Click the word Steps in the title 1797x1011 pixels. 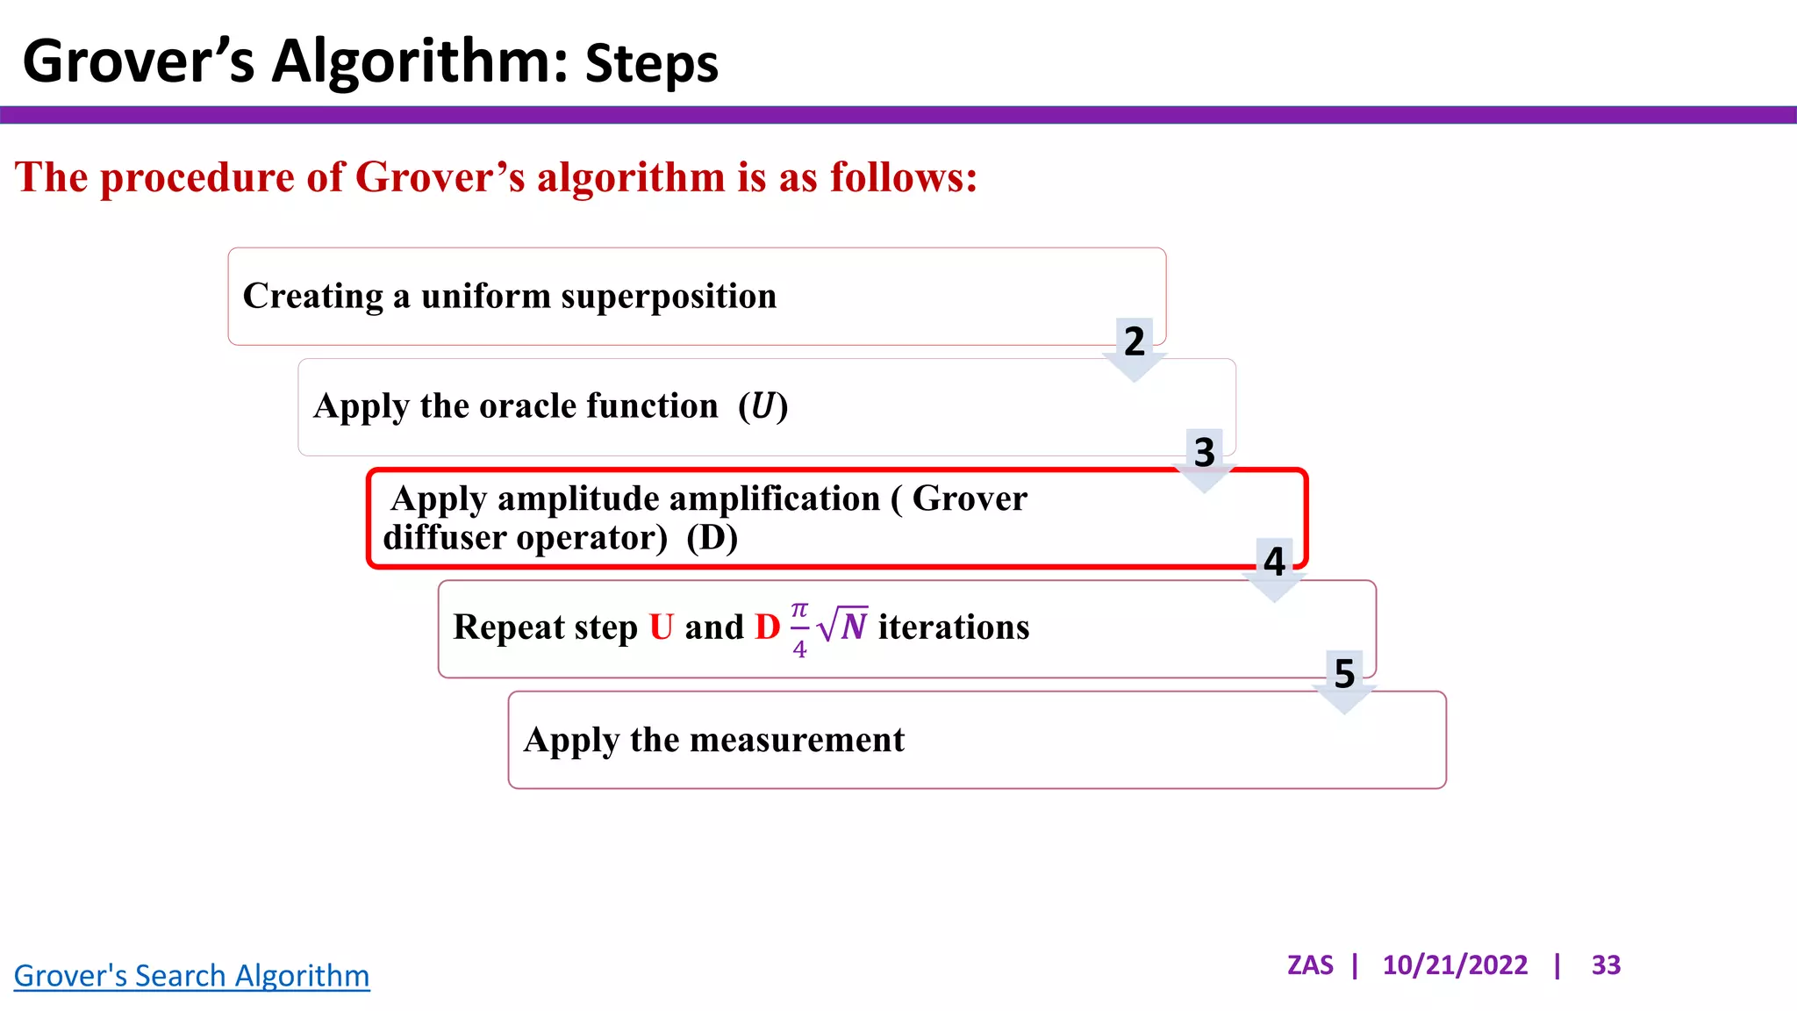click(x=651, y=64)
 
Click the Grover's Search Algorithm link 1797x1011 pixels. click(x=191, y=976)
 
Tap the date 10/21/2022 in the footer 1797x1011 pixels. click(x=1455, y=965)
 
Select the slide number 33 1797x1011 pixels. click(x=1606, y=965)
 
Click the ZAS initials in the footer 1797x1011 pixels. click(x=1309, y=965)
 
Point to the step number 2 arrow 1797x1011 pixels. click(x=1135, y=347)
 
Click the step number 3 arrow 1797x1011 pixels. click(x=1205, y=457)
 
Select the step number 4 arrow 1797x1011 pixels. click(x=1274, y=567)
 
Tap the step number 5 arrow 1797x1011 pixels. click(x=1344, y=678)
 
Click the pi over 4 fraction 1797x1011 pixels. click(x=799, y=629)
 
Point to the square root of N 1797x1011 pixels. click(x=842, y=626)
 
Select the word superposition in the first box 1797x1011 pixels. click(x=669, y=297)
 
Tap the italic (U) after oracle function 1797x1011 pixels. click(x=762, y=406)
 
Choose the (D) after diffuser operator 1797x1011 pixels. click(x=712, y=537)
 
